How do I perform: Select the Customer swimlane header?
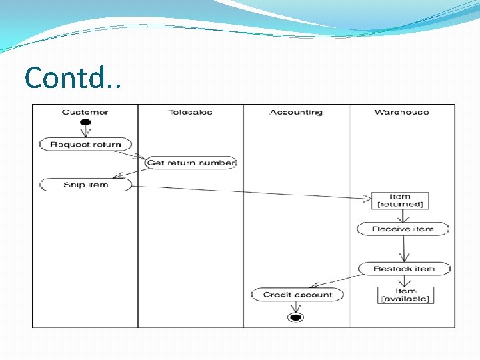pos(85,112)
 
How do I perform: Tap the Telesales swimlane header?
pos(191,112)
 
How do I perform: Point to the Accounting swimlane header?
pos(296,112)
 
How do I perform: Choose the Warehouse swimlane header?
pos(401,112)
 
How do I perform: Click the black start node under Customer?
pos(85,123)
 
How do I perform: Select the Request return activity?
pos(85,144)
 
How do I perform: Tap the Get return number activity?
pos(191,163)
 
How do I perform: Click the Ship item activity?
pos(85,185)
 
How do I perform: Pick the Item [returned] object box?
pos(400,200)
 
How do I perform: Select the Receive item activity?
pos(403,229)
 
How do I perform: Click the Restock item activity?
pos(404,269)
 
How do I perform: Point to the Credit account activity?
pos(297,294)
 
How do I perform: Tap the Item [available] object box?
pos(405,295)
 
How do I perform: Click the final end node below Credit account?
pos(295,317)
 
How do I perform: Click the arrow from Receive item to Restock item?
pos(403,249)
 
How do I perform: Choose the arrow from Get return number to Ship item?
pos(131,173)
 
